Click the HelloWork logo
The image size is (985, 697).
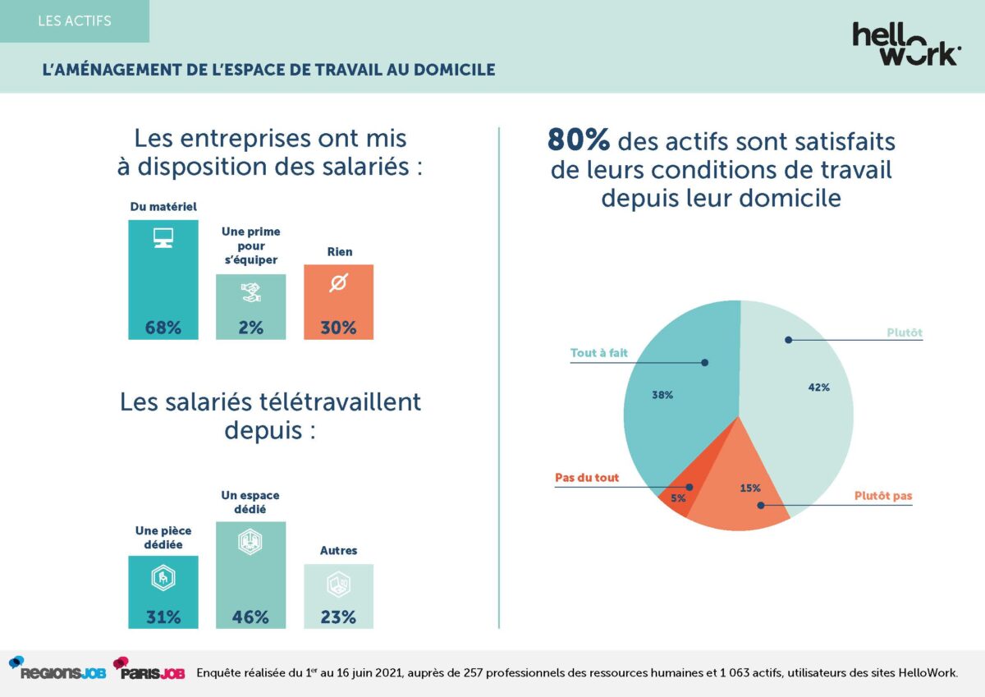[x=905, y=44]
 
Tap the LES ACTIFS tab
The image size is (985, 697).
[x=74, y=21]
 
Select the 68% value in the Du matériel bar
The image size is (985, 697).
[x=163, y=328]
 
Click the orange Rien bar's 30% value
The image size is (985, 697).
[x=338, y=328]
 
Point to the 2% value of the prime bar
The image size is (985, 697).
[x=250, y=328]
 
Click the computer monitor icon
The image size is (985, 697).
[x=163, y=238]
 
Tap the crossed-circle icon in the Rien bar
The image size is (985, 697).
[x=338, y=283]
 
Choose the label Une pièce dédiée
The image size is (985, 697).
[x=163, y=537]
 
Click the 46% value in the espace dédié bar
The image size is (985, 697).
[x=250, y=617]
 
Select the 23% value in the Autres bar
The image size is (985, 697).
[x=338, y=617]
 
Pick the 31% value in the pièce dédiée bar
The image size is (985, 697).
[x=163, y=617]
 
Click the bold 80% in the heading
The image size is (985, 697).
[x=578, y=141]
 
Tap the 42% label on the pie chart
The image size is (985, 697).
[x=818, y=387]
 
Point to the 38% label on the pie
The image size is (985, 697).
[x=662, y=395]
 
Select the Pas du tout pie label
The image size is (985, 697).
[x=587, y=478]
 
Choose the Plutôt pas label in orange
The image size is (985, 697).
[x=882, y=496]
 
